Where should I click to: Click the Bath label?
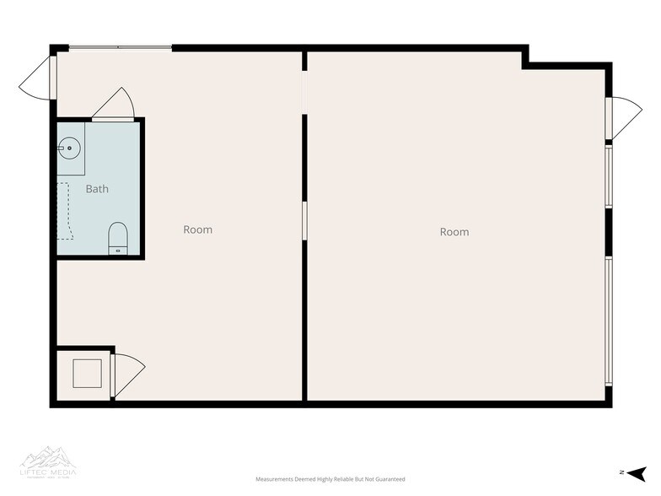pyautogui.click(x=97, y=189)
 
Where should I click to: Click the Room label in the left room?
pyautogui.click(x=198, y=229)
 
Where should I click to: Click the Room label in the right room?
pyautogui.click(x=454, y=232)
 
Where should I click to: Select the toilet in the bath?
pyautogui.click(x=118, y=237)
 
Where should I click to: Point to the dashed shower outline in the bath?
pyautogui.click(x=65, y=211)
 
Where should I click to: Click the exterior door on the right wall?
pyautogui.click(x=622, y=116)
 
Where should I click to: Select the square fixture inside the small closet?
pyautogui.click(x=87, y=373)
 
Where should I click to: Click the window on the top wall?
pyautogui.click(x=119, y=47)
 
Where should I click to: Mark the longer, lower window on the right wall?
pyautogui.click(x=608, y=321)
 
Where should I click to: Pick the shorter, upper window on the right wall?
pyautogui.click(x=608, y=176)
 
